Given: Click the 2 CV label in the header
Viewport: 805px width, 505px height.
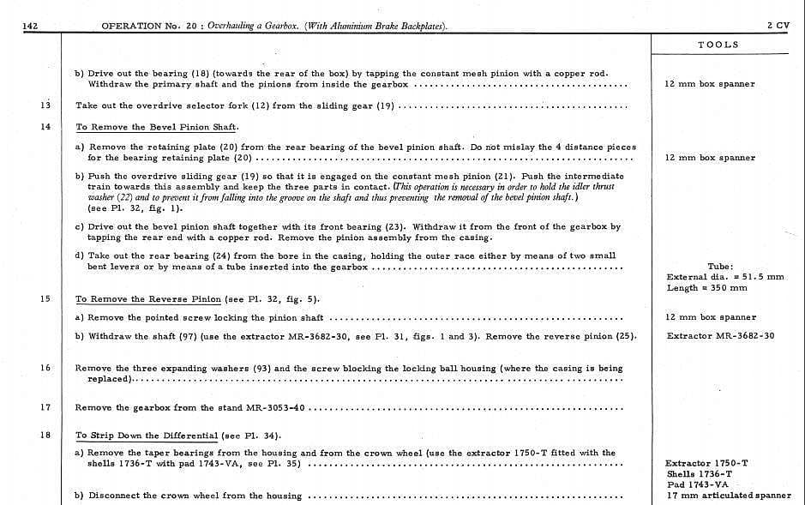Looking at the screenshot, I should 778,26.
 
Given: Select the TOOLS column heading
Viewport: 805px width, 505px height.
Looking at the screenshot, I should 718,45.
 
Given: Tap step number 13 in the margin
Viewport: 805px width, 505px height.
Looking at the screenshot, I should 45,105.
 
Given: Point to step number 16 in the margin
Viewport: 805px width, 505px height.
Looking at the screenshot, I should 45,368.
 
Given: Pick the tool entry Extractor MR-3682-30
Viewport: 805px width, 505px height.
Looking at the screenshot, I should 720,335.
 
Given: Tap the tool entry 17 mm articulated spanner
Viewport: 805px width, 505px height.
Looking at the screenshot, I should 729,496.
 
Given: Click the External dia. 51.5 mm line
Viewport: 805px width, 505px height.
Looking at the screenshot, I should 724,277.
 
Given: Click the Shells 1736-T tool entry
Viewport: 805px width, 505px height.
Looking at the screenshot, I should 700,473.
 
